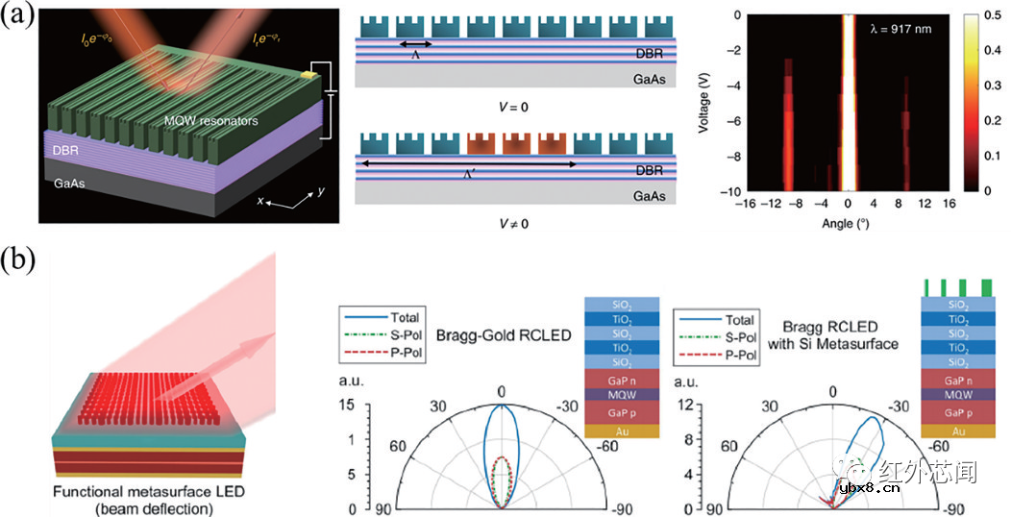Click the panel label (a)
(x=20, y=20)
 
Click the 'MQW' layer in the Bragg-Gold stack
(x=621, y=393)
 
